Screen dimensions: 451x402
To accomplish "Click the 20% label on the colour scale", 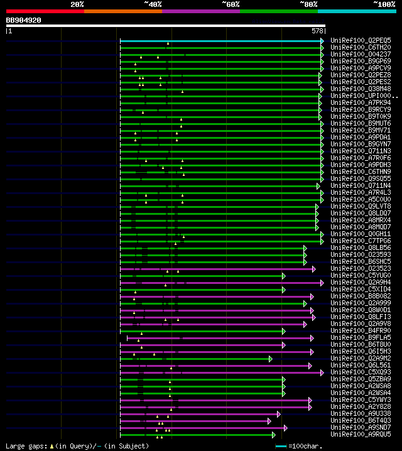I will pos(77,4).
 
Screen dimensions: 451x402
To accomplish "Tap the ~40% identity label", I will pos(153,4).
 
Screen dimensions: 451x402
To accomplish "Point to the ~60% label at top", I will pos(231,4).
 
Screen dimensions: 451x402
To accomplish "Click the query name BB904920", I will pos(23,20).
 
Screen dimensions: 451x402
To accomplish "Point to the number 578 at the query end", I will pos(317,31).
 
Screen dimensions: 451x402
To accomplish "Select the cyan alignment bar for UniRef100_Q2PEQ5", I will pos(220,41).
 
